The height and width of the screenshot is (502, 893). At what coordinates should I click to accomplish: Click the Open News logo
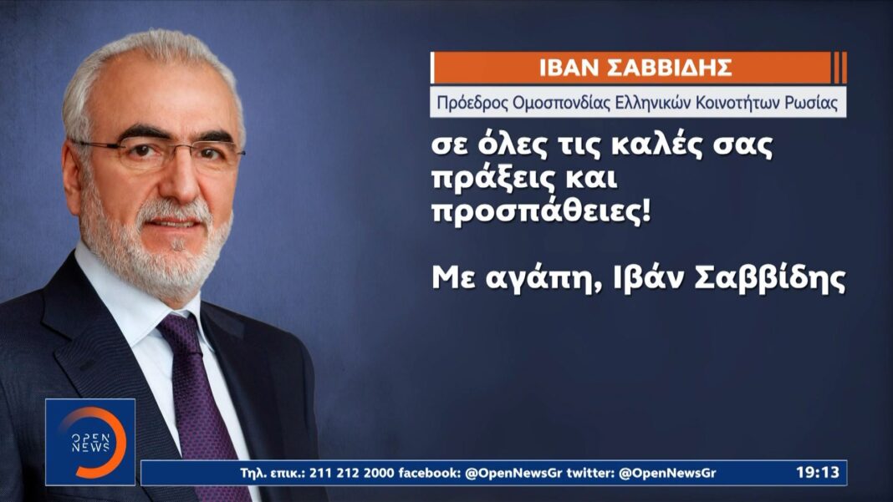(x=90, y=442)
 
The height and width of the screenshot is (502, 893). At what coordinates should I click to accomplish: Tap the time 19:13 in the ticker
(x=817, y=473)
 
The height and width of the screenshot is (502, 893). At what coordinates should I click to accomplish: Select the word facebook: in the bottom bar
(x=430, y=473)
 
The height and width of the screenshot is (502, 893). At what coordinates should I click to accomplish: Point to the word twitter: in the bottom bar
(x=590, y=473)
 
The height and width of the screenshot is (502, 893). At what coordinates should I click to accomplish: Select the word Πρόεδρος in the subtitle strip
(x=472, y=103)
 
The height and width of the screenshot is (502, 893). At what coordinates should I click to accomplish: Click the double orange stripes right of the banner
(x=840, y=68)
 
